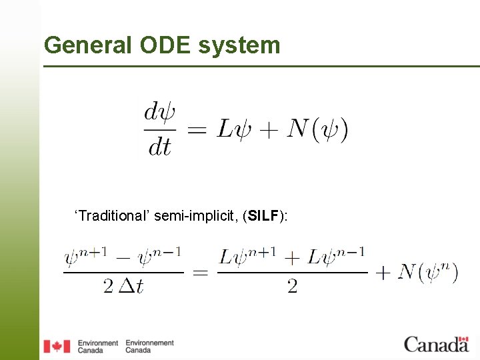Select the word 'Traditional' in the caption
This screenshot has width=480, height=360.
pos(113,215)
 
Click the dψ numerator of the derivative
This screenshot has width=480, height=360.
pos(160,113)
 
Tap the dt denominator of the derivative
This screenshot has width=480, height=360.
pos(160,146)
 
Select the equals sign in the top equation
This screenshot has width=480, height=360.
pos(197,129)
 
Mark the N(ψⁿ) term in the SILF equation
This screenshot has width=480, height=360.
pos(427,272)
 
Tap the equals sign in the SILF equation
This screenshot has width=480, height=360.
pos(201,272)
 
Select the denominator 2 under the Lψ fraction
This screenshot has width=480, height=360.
pos(292,287)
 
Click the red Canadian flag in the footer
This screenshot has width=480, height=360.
pos(57,346)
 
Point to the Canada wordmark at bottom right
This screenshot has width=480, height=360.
pos(436,344)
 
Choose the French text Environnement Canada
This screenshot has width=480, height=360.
pos(149,346)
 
